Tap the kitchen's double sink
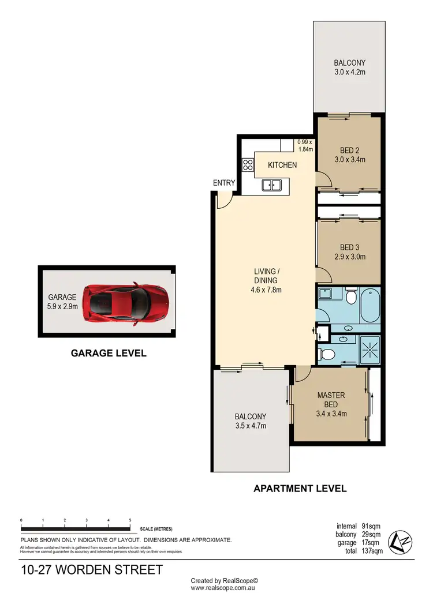pyautogui.click(x=271, y=185)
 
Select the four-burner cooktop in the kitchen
pyautogui.click(x=248, y=165)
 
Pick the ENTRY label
pyautogui.click(x=224, y=183)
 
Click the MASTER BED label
pyautogui.click(x=331, y=400)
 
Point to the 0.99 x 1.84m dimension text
pyautogui.click(x=305, y=146)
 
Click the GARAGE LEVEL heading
pyautogui.click(x=109, y=353)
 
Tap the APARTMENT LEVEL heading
pyautogui.click(x=300, y=489)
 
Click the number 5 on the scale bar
pyautogui.click(x=130, y=520)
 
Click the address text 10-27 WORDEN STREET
pyautogui.click(x=92, y=570)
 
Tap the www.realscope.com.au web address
pyautogui.click(x=224, y=588)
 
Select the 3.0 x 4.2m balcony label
pyautogui.click(x=349, y=72)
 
